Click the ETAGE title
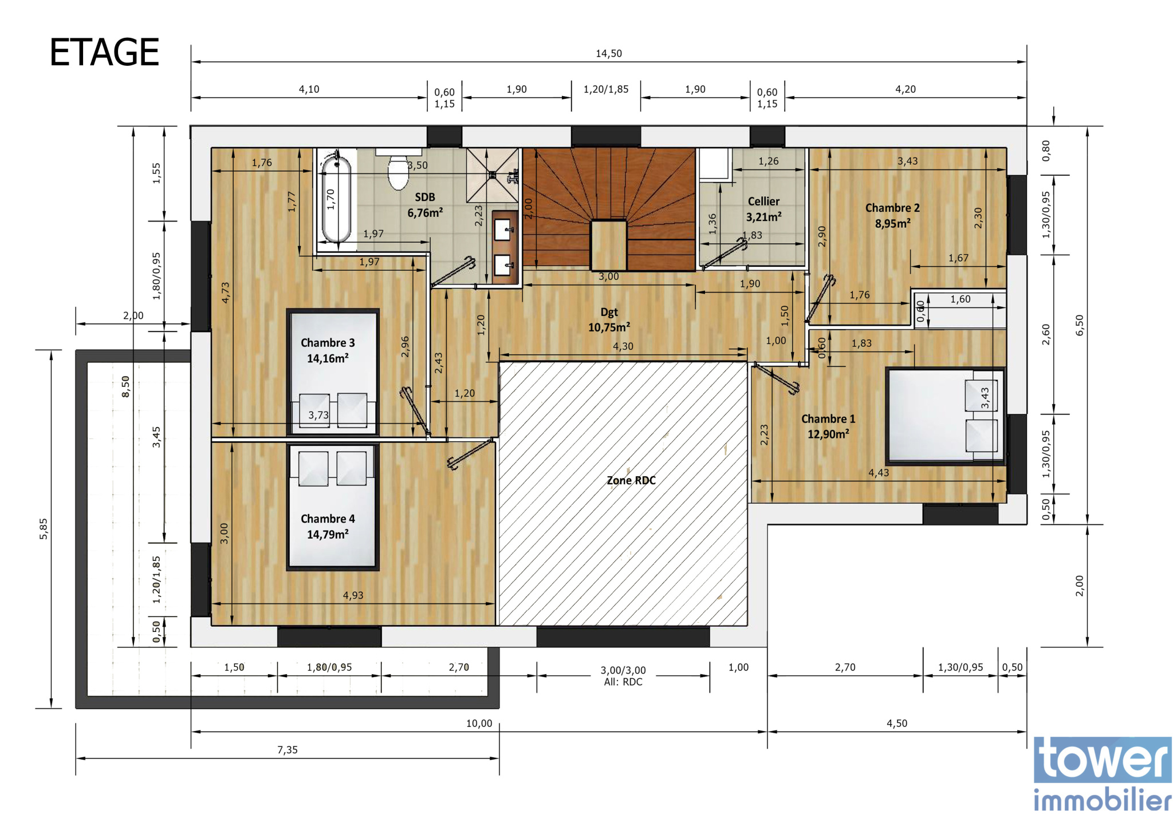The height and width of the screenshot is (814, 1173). click(104, 52)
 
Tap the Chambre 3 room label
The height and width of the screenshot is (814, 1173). click(328, 350)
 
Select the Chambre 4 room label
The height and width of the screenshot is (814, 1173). click(328, 526)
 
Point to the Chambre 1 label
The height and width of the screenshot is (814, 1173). click(828, 426)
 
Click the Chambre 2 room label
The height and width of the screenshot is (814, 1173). click(892, 215)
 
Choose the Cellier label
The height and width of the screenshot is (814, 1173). click(763, 209)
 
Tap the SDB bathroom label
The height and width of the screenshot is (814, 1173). click(425, 205)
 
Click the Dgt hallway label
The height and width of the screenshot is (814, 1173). click(609, 319)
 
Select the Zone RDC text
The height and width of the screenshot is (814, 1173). click(631, 480)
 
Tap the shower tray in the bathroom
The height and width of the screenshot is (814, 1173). click(493, 175)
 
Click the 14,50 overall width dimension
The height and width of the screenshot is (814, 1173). click(608, 53)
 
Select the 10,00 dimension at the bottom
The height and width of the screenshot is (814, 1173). click(479, 723)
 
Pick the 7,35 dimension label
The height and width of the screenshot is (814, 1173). click(288, 750)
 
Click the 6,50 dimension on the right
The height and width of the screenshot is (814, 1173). click(1080, 325)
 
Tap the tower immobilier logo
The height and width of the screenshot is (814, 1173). click(1103, 774)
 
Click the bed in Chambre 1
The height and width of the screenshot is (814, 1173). click(946, 416)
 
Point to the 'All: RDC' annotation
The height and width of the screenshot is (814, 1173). click(623, 682)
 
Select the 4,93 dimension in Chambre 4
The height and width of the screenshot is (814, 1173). click(353, 595)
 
